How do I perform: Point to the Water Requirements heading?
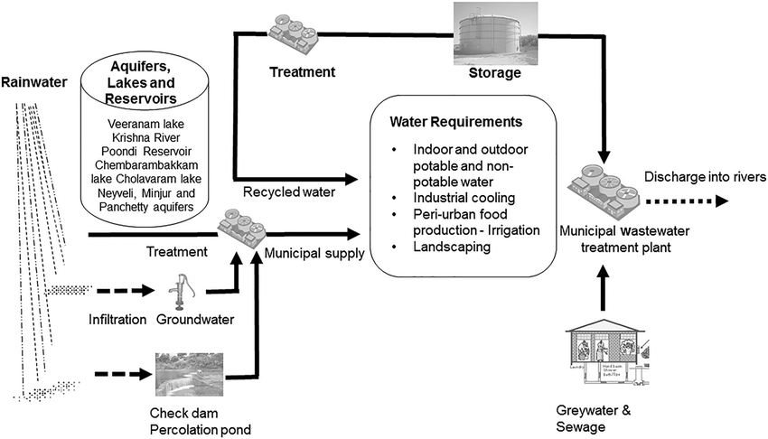tap(457, 120)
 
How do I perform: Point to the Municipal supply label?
tap(314, 254)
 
